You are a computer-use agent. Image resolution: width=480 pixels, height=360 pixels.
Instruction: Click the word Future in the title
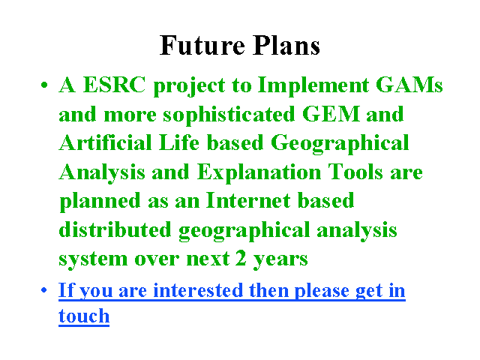pyautogui.click(x=202, y=45)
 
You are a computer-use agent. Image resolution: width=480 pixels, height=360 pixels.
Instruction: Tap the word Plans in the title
pyautogui.click(x=286, y=45)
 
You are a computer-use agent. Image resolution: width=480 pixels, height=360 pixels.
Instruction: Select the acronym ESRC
pyautogui.click(x=114, y=85)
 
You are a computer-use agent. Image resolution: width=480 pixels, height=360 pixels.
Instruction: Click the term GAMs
pyautogui.click(x=409, y=85)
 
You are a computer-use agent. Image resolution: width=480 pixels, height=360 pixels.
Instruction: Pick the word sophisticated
pyautogui.click(x=228, y=115)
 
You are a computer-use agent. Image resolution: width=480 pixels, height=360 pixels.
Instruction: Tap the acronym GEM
pyautogui.click(x=331, y=113)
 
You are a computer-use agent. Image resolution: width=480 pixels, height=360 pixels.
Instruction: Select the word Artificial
pyautogui.click(x=105, y=142)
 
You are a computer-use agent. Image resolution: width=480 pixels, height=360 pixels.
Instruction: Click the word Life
pyautogui.click(x=179, y=142)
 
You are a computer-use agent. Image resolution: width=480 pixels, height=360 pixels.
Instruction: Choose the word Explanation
pyautogui.click(x=259, y=173)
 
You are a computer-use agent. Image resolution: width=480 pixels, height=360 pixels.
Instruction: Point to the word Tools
pyautogui.click(x=355, y=172)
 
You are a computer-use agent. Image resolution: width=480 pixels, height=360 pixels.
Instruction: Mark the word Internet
pyautogui.click(x=248, y=200)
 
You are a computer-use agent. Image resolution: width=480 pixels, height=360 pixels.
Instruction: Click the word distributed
pyautogui.click(x=115, y=229)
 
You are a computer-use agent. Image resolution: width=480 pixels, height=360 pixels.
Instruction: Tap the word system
pyautogui.click(x=93, y=259)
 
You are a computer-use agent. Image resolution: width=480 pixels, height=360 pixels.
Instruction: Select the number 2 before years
pyautogui.click(x=241, y=258)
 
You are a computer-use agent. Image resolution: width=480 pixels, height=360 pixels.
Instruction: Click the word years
pyautogui.click(x=280, y=259)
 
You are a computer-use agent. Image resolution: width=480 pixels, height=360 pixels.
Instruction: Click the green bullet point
pyautogui.click(x=44, y=85)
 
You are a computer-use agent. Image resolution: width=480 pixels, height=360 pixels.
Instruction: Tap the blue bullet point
pyautogui.click(x=44, y=289)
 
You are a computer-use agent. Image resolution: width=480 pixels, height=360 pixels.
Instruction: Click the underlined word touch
pyautogui.click(x=84, y=316)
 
